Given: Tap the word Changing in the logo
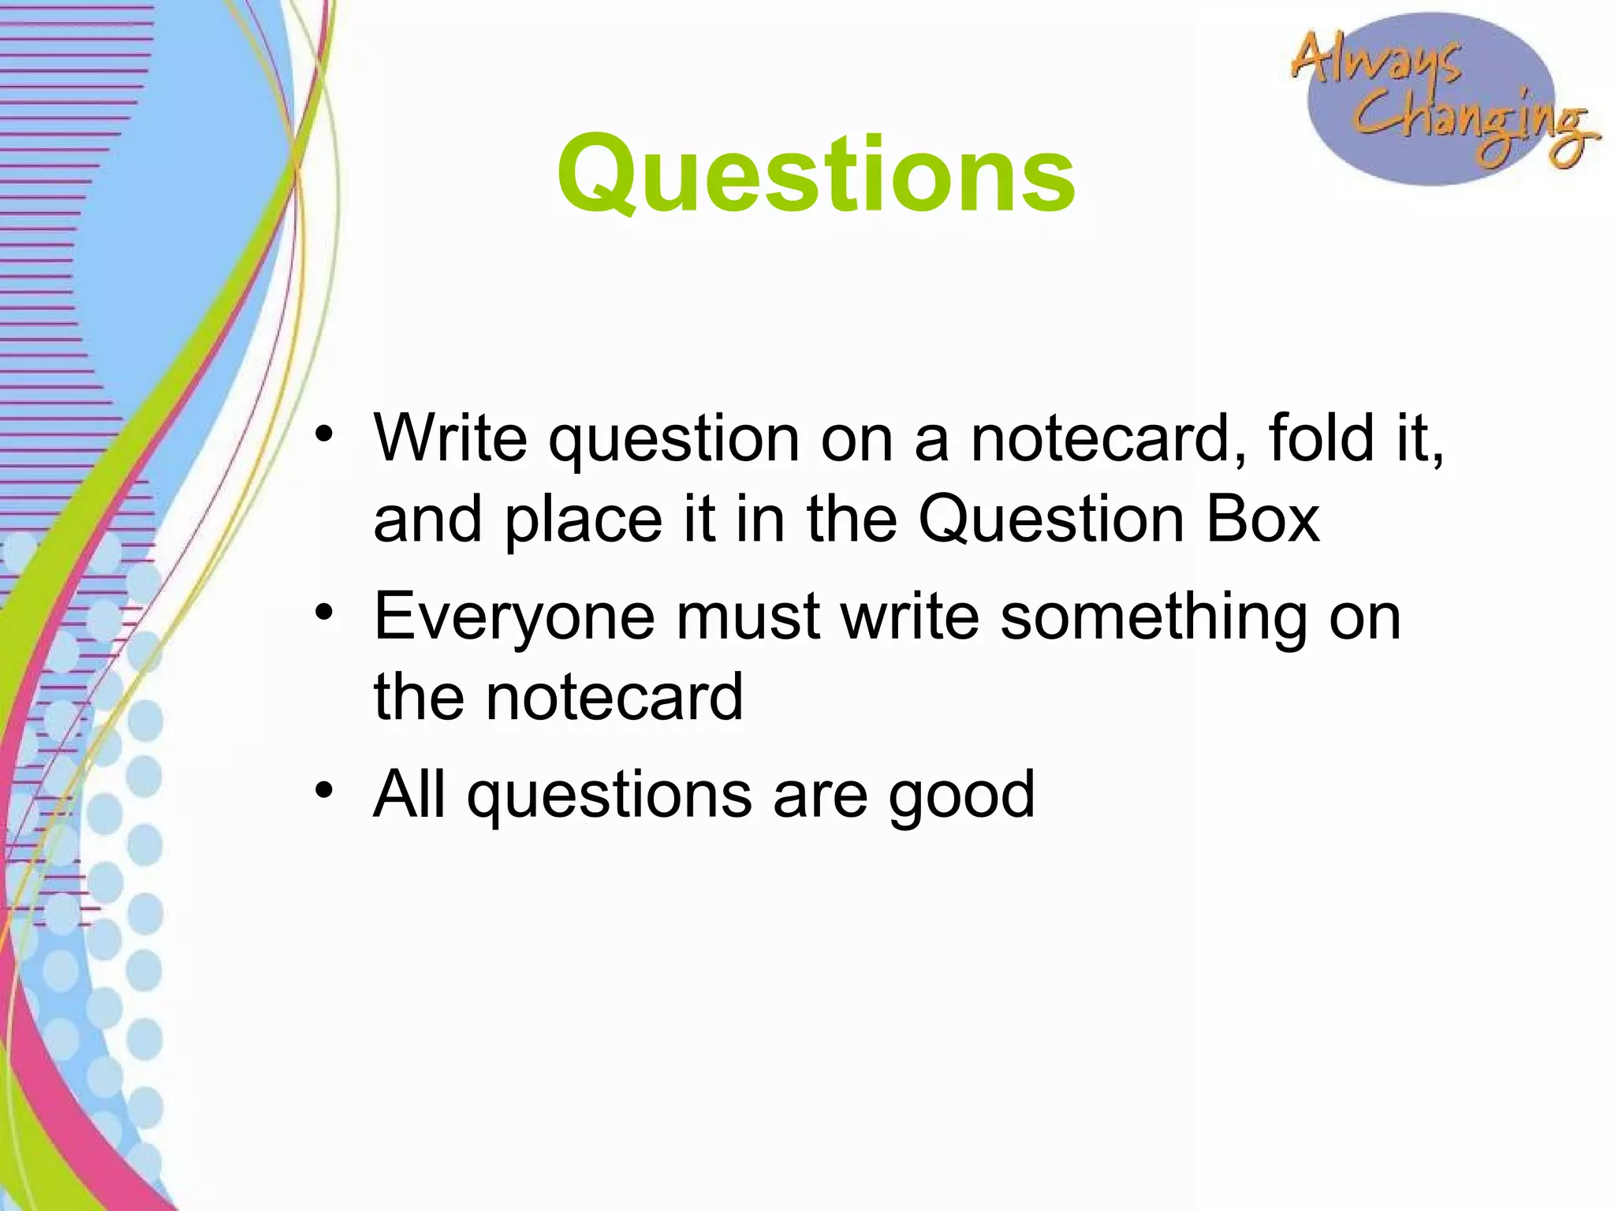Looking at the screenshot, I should pyautogui.click(x=1471, y=122).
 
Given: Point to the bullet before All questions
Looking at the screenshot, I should pyautogui.click(x=324, y=790).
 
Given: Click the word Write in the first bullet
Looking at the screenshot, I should pyautogui.click(x=450, y=438).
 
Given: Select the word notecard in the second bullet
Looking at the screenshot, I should pyautogui.click(x=614, y=699).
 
